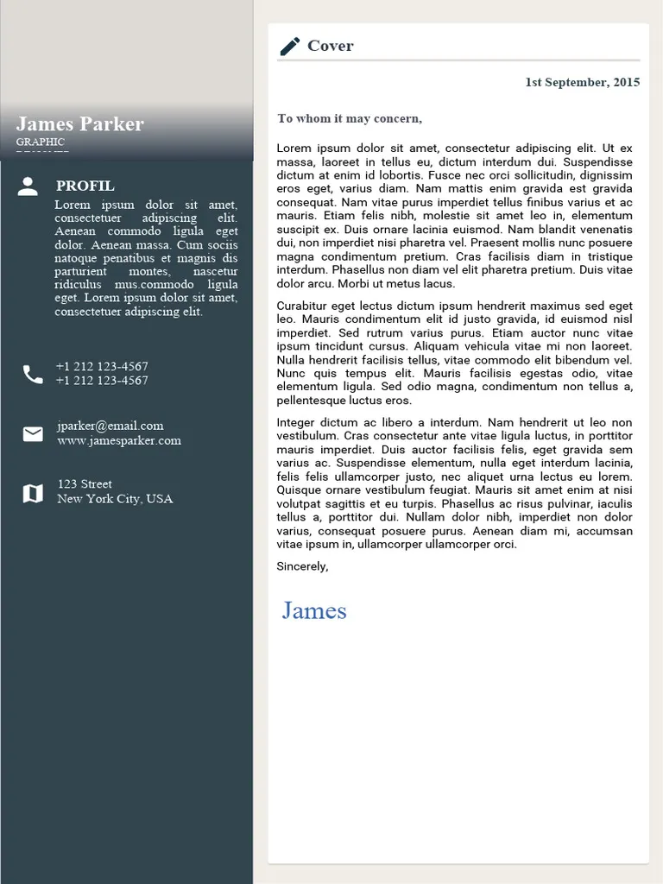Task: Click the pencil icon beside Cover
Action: [290, 47]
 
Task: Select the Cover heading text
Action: [331, 47]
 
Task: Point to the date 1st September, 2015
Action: [583, 83]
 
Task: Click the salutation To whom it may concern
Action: [350, 119]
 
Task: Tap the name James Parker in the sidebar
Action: [80, 124]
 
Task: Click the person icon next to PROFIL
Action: [28, 186]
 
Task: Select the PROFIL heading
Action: [85, 186]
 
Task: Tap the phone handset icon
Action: [33, 374]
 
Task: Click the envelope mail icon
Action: [33, 433]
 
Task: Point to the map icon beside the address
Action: [33, 493]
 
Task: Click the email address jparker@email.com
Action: [110, 426]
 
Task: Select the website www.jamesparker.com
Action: [119, 441]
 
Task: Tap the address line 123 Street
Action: [85, 484]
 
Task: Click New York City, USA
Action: [115, 499]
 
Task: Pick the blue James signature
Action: [314, 611]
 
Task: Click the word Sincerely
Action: [302, 567]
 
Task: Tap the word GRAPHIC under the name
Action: [41, 142]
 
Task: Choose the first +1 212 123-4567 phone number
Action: [102, 367]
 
